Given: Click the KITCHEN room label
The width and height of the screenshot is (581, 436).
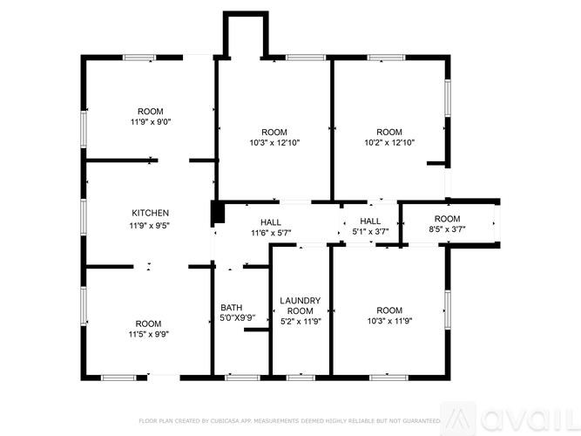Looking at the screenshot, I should (150, 213).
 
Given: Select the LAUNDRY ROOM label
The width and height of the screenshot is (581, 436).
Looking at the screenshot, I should (300, 306).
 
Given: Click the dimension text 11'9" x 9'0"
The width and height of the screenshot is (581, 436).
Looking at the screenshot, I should (150, 122).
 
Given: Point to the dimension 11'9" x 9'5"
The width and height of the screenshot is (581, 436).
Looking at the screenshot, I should (150, 225).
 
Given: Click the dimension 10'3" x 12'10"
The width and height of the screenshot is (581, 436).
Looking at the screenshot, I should (274, 142).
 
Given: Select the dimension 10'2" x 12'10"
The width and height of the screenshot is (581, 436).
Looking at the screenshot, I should (389, 142).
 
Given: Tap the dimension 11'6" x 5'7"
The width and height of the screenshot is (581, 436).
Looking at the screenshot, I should (271, 233).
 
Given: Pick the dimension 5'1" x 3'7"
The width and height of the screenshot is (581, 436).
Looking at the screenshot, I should (370, 232).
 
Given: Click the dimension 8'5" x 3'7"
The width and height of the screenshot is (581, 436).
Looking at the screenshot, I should (447, 230).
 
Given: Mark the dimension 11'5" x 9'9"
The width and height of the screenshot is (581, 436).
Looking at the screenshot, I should (148, 334).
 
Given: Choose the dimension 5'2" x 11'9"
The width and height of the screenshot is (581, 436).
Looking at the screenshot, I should (300, 321).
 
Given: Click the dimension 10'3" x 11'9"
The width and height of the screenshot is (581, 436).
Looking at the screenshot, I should (389, 321).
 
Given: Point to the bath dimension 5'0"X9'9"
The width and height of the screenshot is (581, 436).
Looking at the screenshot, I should (237, 317).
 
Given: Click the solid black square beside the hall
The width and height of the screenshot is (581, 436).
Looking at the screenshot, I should (218, 213).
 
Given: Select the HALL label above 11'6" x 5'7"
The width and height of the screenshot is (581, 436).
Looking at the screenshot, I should (271, 221).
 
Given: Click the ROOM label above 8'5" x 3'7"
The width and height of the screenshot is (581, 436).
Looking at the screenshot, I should (447, 219).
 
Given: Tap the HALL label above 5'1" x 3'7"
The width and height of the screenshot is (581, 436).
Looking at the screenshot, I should (370, 221).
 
